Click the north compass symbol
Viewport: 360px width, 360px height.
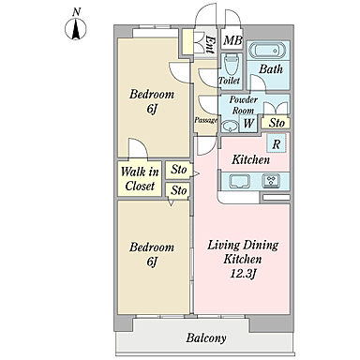76,29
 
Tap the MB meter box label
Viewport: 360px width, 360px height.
232,40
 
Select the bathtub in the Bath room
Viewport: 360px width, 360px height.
268,52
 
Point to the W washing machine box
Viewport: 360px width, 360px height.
248,123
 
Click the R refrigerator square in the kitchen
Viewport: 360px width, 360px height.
277,143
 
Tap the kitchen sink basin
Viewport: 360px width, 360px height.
240,182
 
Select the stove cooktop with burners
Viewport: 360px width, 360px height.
271,181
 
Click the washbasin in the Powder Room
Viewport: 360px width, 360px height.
230,126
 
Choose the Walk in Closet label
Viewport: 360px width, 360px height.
140,179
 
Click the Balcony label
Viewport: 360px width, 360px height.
206,338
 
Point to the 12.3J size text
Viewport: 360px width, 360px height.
243,274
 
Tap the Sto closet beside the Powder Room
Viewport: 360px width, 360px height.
277,123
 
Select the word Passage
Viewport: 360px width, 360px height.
205,120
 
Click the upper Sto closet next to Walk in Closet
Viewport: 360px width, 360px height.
178,170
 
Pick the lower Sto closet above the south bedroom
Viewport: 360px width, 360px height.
178,190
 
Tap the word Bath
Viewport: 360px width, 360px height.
271,68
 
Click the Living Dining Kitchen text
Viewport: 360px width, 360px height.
243,252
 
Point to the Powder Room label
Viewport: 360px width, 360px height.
244,105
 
